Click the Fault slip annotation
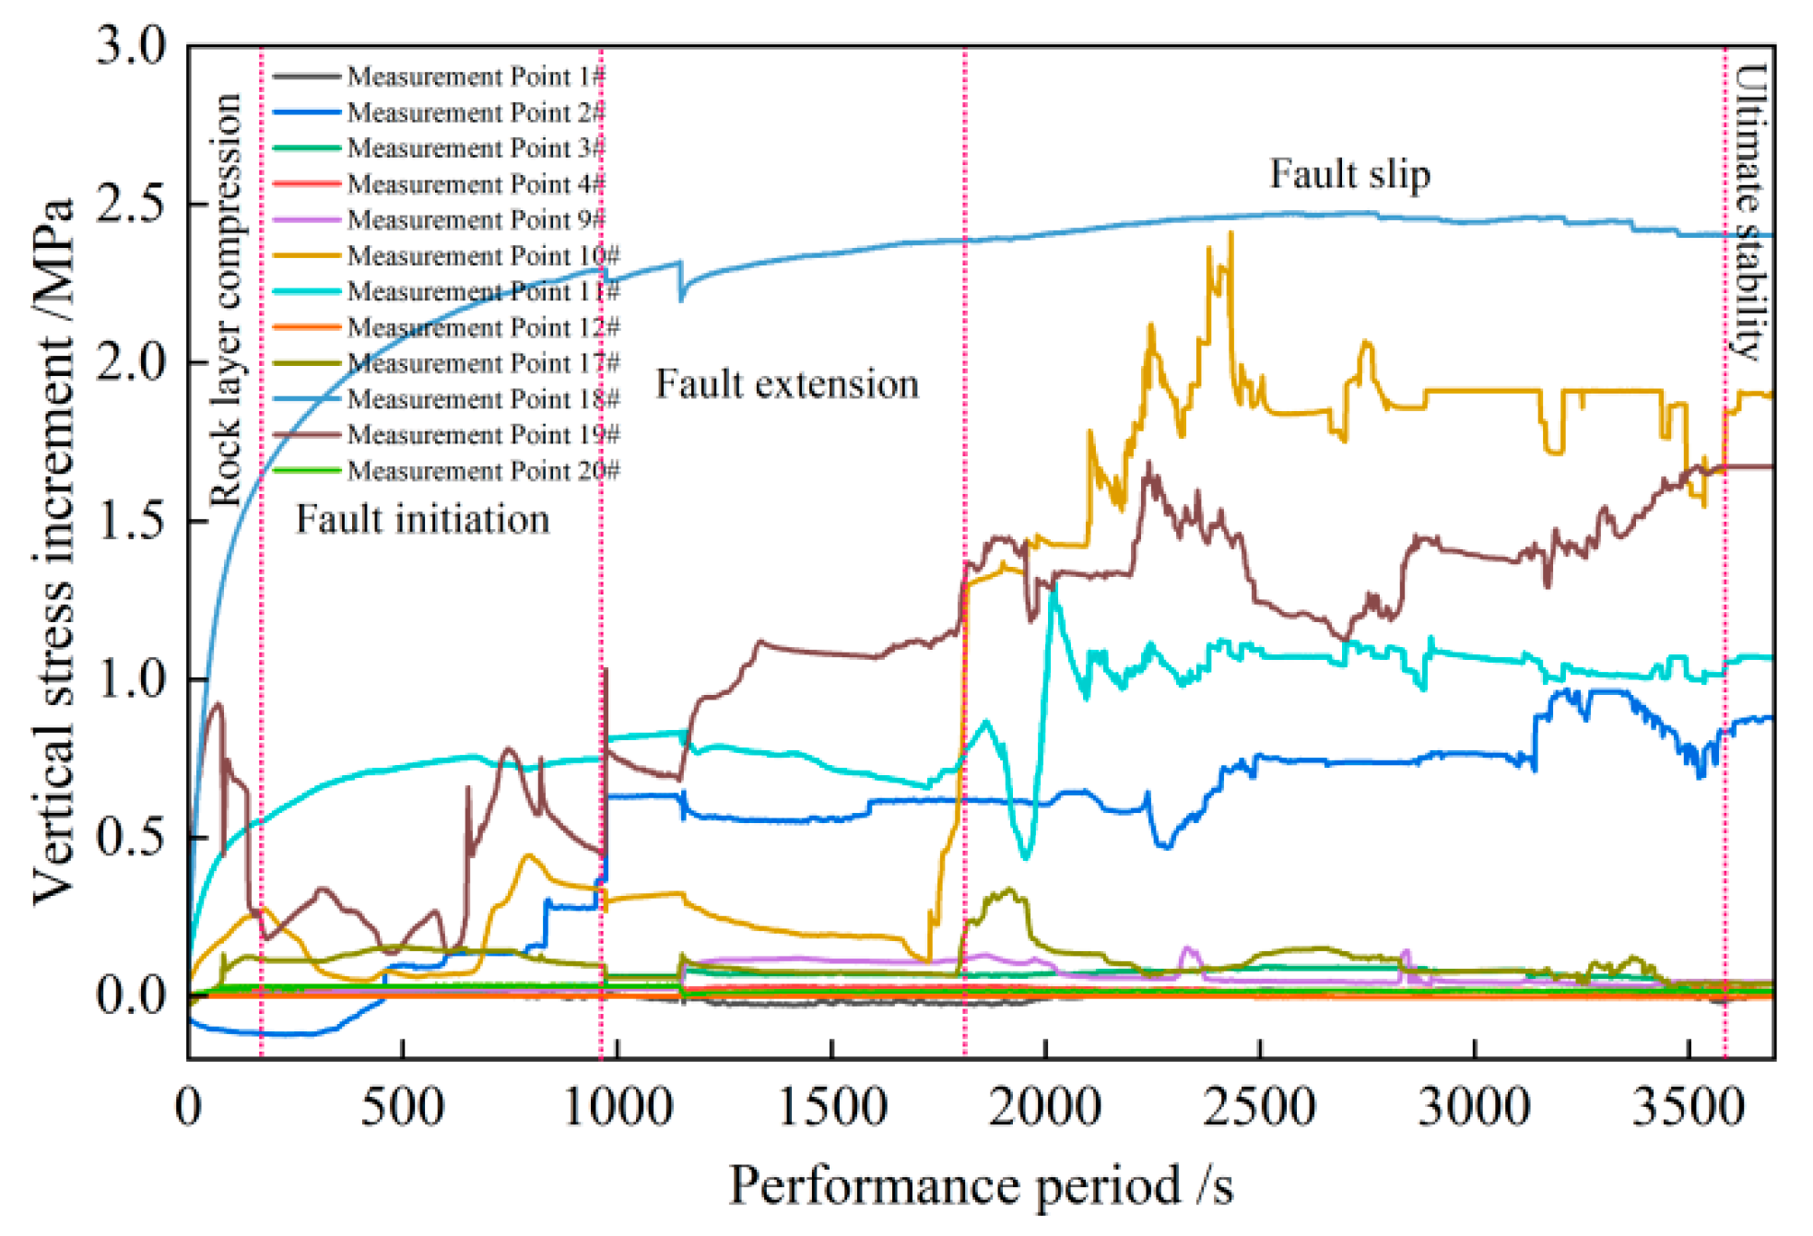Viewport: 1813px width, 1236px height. tap(1349, 174)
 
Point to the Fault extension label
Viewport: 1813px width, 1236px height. tap(787, 383)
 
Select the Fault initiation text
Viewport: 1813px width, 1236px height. tap(422, 519)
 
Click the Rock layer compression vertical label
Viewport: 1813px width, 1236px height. tap(225, 300)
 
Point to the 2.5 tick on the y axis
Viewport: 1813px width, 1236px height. tap(131, 204)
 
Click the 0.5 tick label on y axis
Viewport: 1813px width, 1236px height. tap(131, 837)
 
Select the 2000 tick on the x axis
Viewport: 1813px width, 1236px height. tap(1044, 1106)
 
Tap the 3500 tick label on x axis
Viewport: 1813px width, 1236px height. tap(1688, 1106)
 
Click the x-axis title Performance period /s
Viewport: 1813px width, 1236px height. tap(981, 1186)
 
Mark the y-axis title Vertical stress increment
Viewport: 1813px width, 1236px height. tap(53, 550)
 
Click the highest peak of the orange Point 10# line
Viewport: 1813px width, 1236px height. tap(1231, 234)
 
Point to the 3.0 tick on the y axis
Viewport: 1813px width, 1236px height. tap(131, 45)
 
